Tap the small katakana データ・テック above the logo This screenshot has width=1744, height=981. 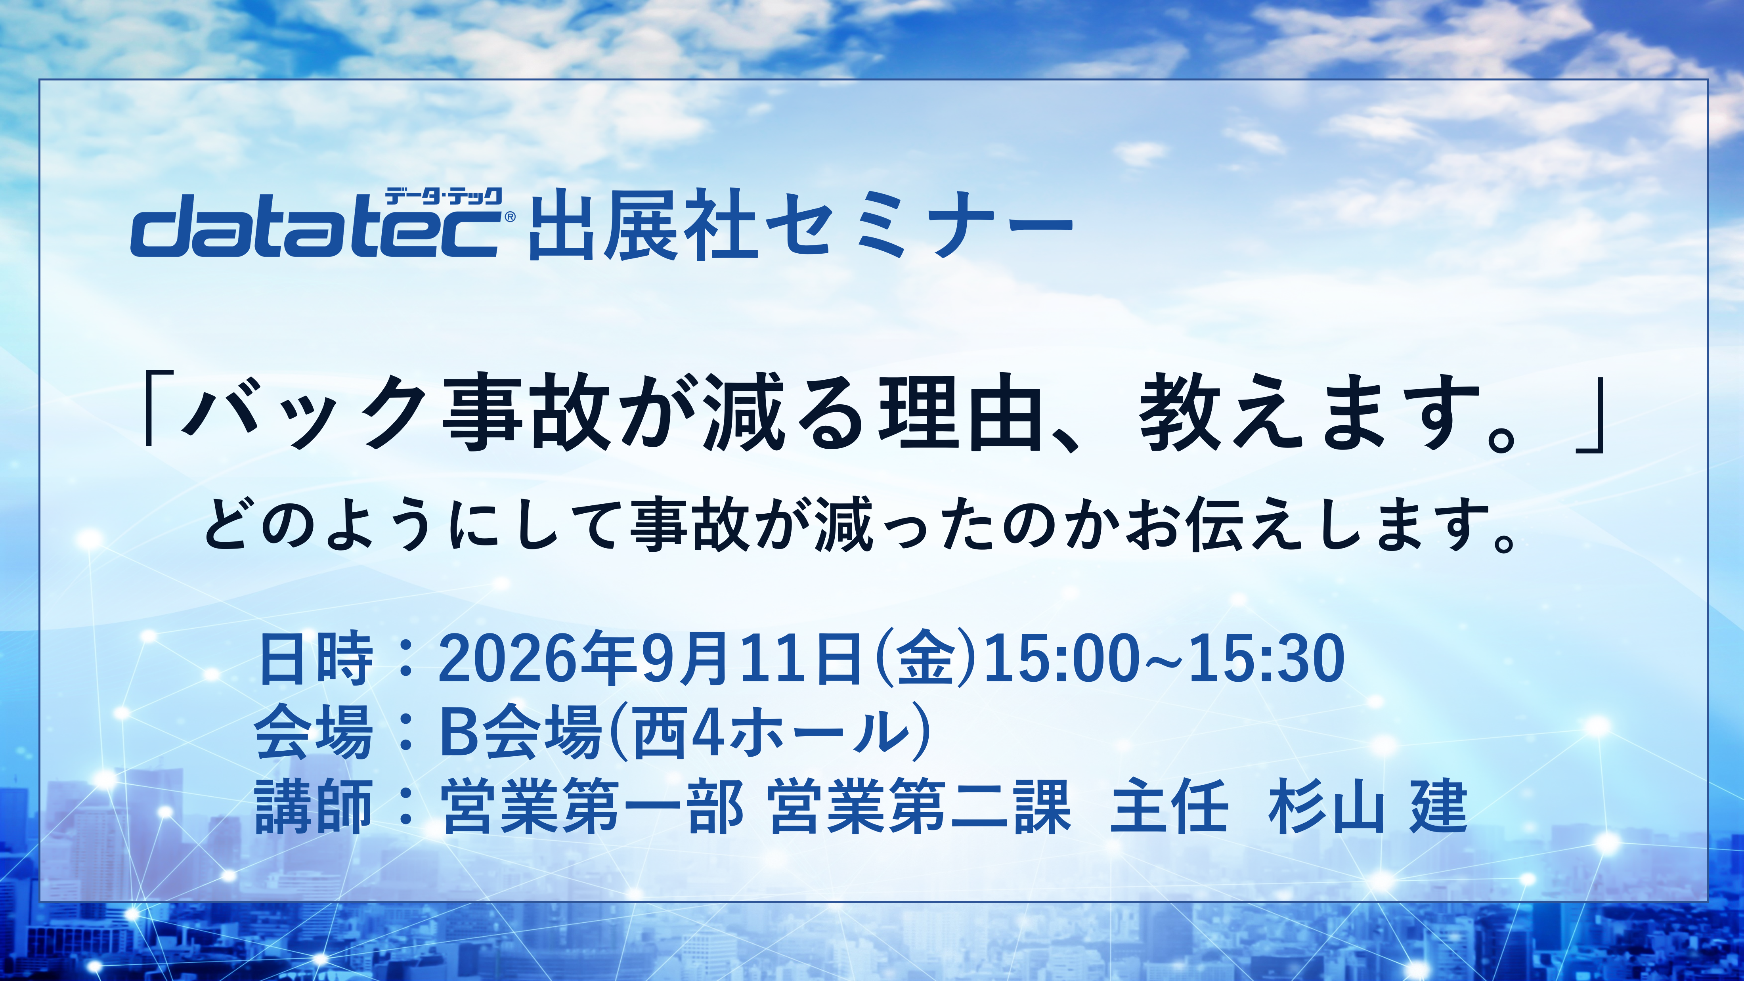(x=444, y=197)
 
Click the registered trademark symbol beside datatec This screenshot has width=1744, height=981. (x=510, y=217)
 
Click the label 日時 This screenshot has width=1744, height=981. (x=316, y=658)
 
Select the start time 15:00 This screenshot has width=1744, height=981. (x=1061, y=658)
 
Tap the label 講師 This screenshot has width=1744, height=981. (x=314, y=806)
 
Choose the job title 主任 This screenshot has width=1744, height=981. (x=1169, y=806)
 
